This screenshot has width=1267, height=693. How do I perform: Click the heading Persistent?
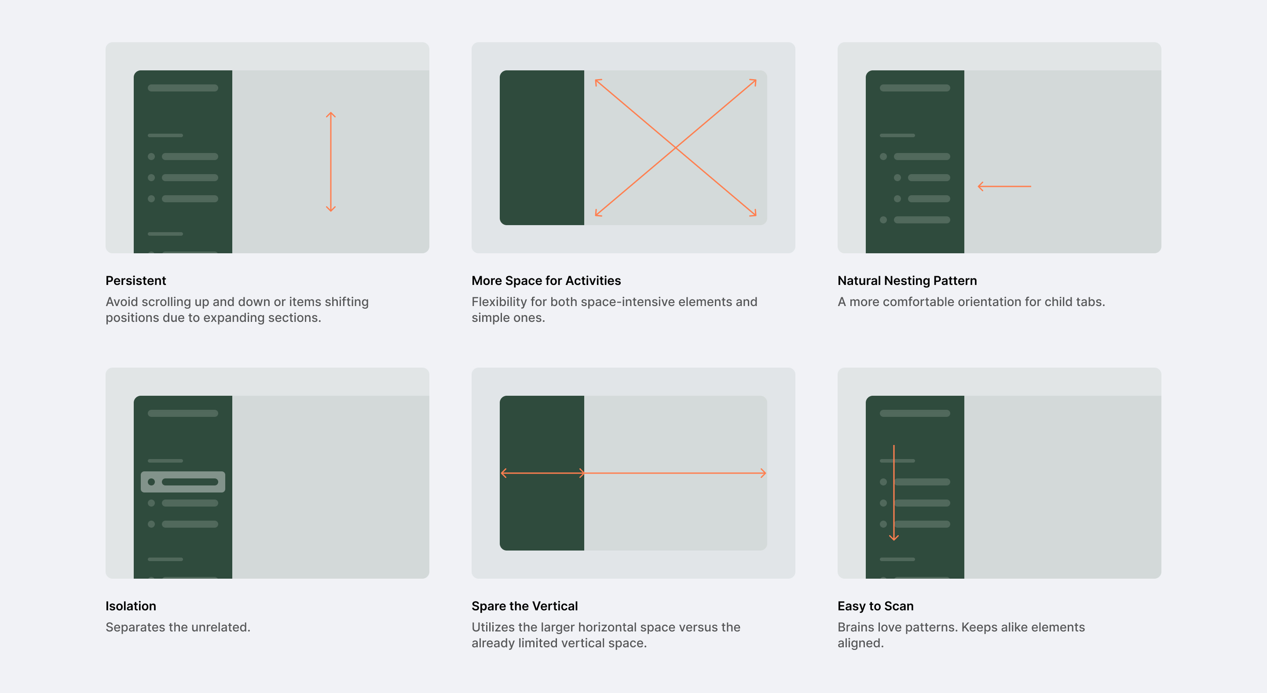pyautogui.click(x=136, y=281)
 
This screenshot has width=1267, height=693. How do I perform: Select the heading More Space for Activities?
pyautogui.click(x=546, y=281)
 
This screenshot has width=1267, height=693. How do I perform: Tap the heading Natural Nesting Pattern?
pyautogui.click(x=907, y=281)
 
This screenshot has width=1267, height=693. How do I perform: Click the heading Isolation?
pyautogui.click(x=131, y=606)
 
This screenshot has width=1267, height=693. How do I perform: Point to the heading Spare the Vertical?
pyautogui.click(x=524, y=606)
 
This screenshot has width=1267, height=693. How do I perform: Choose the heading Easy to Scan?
pyautogui.click(x=875, y=606)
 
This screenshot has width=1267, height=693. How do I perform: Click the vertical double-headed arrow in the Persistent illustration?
pyautogui.click(x=330, y=162)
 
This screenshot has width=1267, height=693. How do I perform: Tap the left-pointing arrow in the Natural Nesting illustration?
pyautogui.click(x=1004, y=186)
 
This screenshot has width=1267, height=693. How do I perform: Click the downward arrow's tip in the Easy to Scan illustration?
pyautogui.click(x=893, y=540)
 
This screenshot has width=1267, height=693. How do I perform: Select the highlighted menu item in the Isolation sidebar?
pyautogui.click(x=183, y=481)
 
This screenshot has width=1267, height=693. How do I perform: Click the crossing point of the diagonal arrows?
pyautogui.click(x=675, y=147)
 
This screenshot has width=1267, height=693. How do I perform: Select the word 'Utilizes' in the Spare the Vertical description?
pyautogui.click(x=493, y=627)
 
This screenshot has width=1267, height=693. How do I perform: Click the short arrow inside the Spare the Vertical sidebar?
pyautogui.click(x=542, y=473)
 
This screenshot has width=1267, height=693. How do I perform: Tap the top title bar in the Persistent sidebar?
pyautogui.click(x=183, y=88)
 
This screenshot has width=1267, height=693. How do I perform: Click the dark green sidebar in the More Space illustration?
pyautogui.click(x=542, y=147)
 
